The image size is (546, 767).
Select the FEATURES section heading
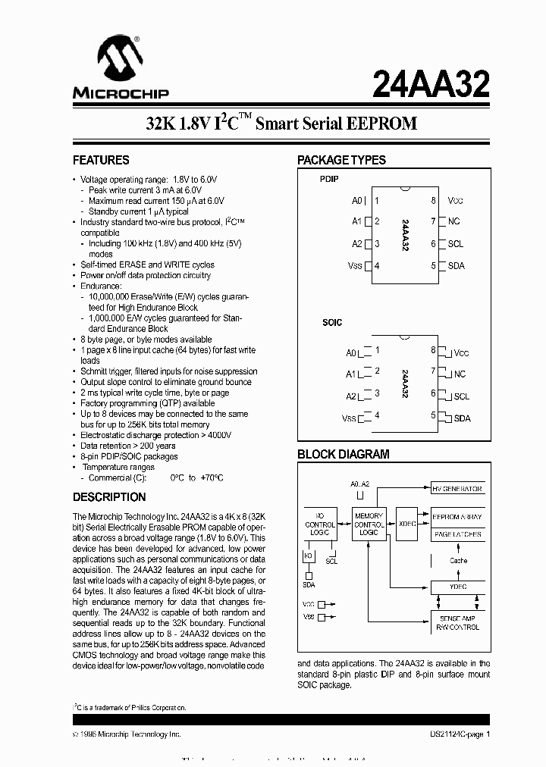pos(101,160)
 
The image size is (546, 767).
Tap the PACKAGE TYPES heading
pos(341,160)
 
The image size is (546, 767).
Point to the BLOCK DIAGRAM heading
pos(343,455)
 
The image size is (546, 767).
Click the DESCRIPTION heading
pos(109,497)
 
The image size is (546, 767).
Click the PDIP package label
pos(329,179)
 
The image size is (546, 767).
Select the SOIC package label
pos(332,322)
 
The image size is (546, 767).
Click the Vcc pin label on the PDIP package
pos(455,201)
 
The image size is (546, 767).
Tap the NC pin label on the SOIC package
pos(460,374)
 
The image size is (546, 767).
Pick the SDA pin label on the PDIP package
pos(457,266)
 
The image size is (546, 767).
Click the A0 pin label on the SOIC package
pos(351,353)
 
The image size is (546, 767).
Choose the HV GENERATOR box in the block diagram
pos(457,489)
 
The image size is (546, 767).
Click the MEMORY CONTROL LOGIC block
pos(369,524)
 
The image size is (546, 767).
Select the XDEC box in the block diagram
pos(407,524)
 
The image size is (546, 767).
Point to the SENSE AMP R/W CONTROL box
pos(457,622)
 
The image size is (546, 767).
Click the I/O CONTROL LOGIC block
pos(320,524)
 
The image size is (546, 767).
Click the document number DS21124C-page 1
pos(455,734)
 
